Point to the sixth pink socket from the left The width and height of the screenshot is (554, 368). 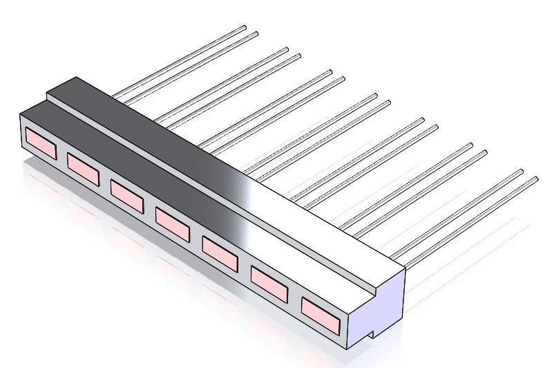(269, 279)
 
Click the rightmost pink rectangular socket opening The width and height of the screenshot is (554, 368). (321, 311)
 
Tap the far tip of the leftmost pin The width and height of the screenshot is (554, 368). (245, 28)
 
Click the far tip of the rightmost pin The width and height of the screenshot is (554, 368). (535, 179)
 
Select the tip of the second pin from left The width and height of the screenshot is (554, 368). (256, 33)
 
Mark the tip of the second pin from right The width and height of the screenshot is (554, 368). (520, 171)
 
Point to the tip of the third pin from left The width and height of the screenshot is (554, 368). (286, 48)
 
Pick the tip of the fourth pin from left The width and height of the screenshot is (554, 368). (298, 55)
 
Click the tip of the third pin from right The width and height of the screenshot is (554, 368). (483, 151)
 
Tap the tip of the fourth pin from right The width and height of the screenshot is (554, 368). (470, 145)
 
